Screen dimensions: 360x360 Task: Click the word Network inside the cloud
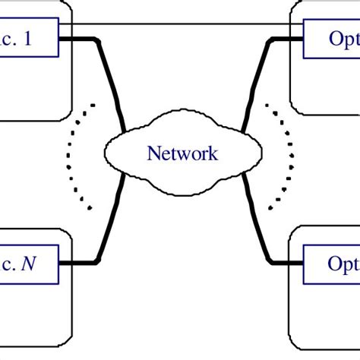point(182,154)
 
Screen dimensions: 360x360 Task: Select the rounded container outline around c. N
point(72,304)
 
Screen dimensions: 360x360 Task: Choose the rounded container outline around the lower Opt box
point(292,304)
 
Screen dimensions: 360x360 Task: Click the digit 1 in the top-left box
point(27,39)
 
